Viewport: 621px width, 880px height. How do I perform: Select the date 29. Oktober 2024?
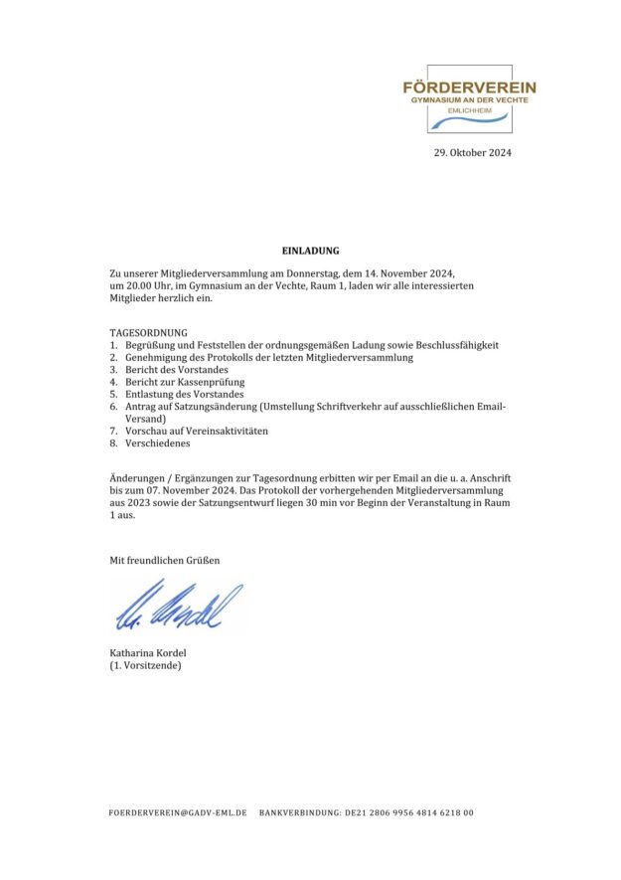point(472,153)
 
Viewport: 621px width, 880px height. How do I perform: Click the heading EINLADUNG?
point(311,252)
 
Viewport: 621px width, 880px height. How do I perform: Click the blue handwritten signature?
point(176,606)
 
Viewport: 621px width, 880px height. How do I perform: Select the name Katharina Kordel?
point(148,652)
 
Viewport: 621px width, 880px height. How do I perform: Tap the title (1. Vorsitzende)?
point(145,665)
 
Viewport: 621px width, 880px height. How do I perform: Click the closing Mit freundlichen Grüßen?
point(164,561)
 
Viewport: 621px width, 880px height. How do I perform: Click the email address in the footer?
point(178,812)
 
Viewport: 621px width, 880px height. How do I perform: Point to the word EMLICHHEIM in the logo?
point(469,109)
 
